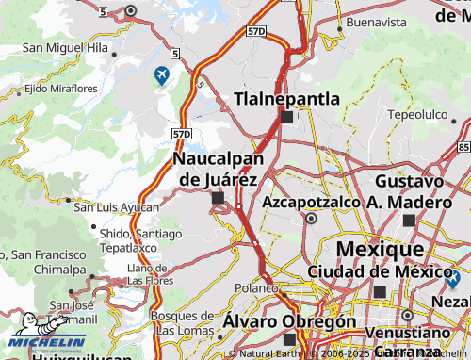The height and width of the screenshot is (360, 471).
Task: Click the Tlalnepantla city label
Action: coord(286,97)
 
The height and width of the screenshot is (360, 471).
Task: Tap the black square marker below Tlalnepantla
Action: coord(286,118)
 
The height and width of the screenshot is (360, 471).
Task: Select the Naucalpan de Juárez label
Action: coord(217,169)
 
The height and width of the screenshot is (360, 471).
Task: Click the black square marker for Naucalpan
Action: coord(219,198)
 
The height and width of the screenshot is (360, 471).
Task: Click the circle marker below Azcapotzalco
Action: coord(311,218)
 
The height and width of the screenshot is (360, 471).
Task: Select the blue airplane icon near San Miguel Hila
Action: coord(162,74)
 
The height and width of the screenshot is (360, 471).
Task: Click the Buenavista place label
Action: coord(375,22)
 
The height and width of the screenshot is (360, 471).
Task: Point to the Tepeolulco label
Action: coord(416,114)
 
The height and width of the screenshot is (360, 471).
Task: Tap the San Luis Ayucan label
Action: coord(117,206)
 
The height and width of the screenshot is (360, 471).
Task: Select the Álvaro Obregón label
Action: coord(289,321)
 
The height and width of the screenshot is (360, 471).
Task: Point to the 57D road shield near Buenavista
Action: coord(257,31)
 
